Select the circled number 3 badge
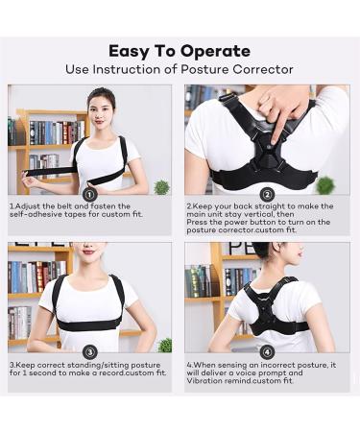point(89,351)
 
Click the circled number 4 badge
point(267,351)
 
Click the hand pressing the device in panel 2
point(279,104)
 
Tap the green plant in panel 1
point(160,186)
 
